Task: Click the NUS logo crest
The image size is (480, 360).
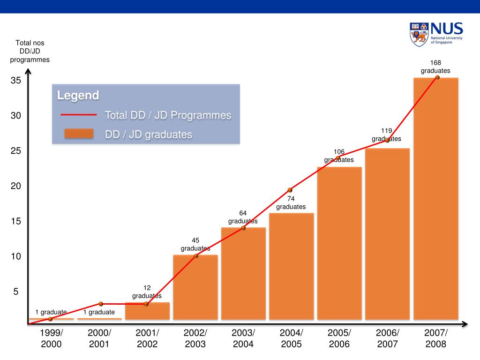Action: (419, 34)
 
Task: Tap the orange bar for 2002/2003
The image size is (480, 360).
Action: (195, 287)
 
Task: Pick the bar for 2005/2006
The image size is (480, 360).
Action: (339, 243)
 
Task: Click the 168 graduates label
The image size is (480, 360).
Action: (435, 67)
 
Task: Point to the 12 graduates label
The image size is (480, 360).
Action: (147, 292)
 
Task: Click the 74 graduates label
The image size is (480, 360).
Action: (291, 203)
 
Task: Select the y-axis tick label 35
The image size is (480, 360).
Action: (16, 81)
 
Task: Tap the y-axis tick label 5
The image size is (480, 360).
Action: (16, 292)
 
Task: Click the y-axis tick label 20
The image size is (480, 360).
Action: (16, 186)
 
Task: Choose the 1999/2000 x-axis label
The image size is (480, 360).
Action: (51, 338)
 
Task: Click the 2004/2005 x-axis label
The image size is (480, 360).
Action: (292, 338)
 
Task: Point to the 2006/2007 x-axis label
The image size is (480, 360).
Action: (388, 338)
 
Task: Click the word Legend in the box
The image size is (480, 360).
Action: (78, 96)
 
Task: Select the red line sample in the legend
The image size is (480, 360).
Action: (78, 115)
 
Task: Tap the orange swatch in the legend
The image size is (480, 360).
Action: (79, 134)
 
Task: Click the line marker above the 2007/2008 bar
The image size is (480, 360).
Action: (437, 77)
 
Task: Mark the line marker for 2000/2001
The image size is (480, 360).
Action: (100, 304)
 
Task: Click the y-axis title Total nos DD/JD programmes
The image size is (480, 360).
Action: (30, 52)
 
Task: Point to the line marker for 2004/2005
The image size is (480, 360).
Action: (290, 190)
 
